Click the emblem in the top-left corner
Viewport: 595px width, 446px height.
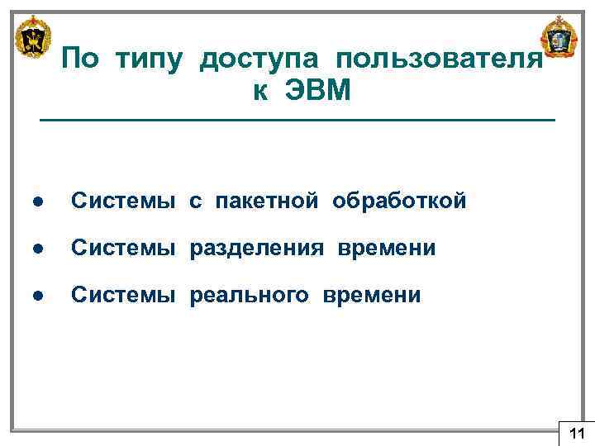point(34,37)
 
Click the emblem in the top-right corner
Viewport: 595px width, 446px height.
point(559,37)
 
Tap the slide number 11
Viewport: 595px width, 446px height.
point(576,433)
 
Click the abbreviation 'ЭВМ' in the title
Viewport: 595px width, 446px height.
point(318,92)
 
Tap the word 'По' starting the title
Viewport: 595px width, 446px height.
point(80,59)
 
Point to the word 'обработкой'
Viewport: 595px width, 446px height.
point(400,201)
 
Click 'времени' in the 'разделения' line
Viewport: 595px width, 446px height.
point(385,249)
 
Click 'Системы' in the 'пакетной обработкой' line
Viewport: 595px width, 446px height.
point(123,201)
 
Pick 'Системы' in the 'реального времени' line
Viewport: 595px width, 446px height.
point(123,296)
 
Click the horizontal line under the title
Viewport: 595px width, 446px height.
point(297,121)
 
